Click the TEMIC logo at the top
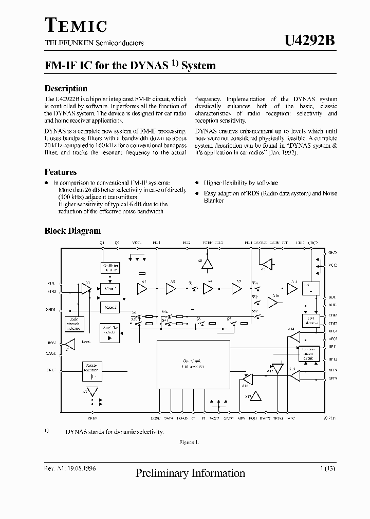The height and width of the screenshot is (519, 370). coord(76,26)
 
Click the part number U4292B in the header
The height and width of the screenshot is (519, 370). coord(309,42)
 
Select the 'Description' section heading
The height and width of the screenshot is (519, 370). coord(66,88)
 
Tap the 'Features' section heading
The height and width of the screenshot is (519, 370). coord(61,172)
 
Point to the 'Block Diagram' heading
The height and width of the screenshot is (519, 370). coord(72,231)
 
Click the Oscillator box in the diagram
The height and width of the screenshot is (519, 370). coord(109,268)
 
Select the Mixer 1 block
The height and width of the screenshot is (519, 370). coord(109,288)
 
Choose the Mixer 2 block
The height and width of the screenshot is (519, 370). coord(109,307)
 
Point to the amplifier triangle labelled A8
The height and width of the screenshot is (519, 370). coord(207,265)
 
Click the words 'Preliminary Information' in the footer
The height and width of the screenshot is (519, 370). coord(190,473)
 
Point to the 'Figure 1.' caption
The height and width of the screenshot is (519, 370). coord(189,442)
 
